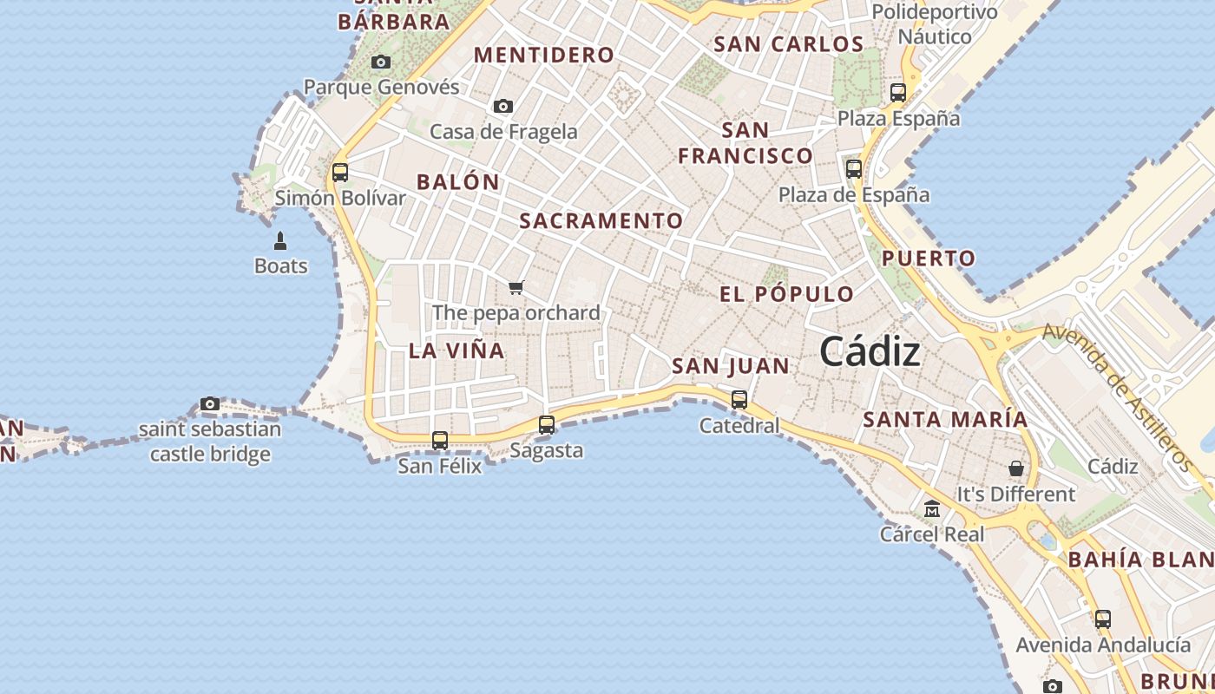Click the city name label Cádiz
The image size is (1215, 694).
(x=870, y=352)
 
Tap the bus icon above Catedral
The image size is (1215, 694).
(x=739, y=400)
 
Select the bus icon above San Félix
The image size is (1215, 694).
(x=440, y=441)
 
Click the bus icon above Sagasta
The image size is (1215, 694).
(x=547, y=425)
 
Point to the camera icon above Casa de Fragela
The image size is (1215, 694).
(x=503, y=107)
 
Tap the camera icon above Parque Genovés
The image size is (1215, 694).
(x=381, y=62)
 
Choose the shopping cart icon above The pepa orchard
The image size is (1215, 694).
(x=516, y=287)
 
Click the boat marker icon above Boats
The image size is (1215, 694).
(x=280, y=240)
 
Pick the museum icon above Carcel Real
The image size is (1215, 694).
(x=932, y=508)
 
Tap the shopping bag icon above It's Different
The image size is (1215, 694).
(x=1016, y=468)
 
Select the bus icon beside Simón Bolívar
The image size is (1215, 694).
(x=340, y=172)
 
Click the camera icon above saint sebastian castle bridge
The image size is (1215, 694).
(x=210, y=403)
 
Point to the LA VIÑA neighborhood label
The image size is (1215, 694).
(x=456, y=350)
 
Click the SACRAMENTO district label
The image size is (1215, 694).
(x=601, y=220)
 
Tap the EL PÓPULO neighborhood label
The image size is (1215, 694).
(x=787, y=294)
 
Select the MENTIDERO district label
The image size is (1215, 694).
(x=544, y=55)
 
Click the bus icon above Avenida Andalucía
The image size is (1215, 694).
(x=1103, y=619)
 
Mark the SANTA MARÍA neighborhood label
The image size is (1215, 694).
(x=945, y=419)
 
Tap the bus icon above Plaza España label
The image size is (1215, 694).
(x=898, y=93)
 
